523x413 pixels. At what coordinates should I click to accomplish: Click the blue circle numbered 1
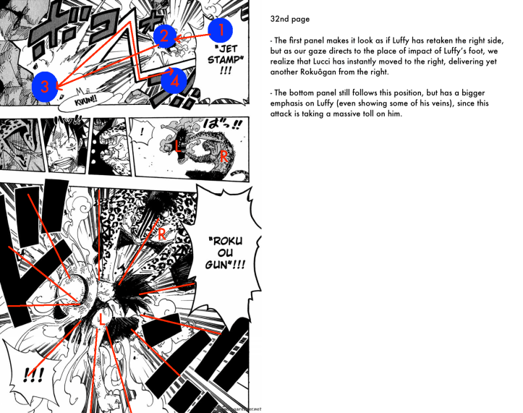(221, 29)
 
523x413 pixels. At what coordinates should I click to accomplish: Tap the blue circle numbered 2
(164, 35)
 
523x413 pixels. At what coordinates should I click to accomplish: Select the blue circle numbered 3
(44, 87)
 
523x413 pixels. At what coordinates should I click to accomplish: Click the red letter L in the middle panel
(179, 145)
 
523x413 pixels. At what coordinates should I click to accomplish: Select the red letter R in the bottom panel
(161, 233)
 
